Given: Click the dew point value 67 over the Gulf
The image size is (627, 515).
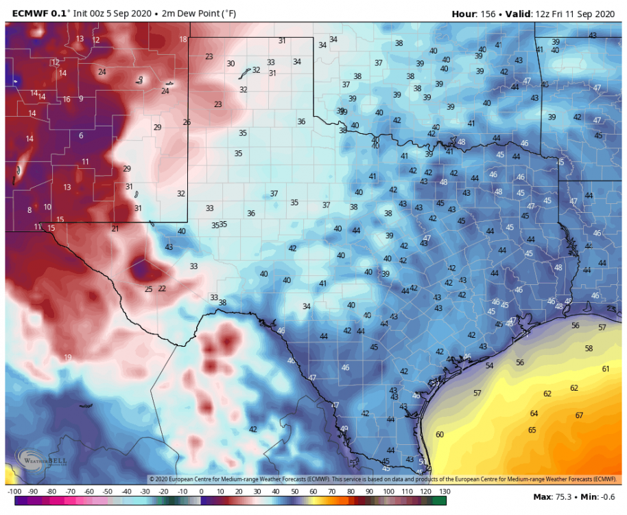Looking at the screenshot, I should pyautogui.click(x=579, y=415).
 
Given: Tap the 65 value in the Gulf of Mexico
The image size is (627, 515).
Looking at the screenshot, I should pyautogui.click(x=532, y=430).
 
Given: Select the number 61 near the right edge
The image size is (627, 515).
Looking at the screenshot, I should pyautogui.click(x=606, y=369).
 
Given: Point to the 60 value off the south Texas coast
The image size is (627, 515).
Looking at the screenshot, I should pyautogui.click(x=439, y=434).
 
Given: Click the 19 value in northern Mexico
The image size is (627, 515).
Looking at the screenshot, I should pyautogui.click(x=67, y=357).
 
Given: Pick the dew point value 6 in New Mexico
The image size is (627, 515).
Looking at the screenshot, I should pyautogui.click(x=81, y=135).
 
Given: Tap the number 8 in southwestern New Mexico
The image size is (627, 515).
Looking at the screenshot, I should pyautogui.click(x=29, y=210).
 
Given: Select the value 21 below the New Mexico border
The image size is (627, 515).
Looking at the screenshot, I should pyautogui.click(x=115, y=229).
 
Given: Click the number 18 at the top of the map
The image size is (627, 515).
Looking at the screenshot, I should pyautogui.click(x=183, y=39).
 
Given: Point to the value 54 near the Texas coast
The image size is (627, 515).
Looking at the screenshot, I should pyautogui.click(x=489, y=365).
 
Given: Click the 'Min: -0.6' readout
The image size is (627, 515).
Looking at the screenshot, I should pyautogui.click(x=598, y=496).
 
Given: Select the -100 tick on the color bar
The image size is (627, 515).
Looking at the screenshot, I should pyautogui.click(x=13, y=492).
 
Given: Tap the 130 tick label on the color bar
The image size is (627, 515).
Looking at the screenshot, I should pyautogui.click(x=443, y=492).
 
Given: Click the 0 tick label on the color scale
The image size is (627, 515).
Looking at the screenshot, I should pyautogui.click(x=201, y=492).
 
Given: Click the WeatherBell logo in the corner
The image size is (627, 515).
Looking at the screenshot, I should pyautogui.click(x=41, y=460).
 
